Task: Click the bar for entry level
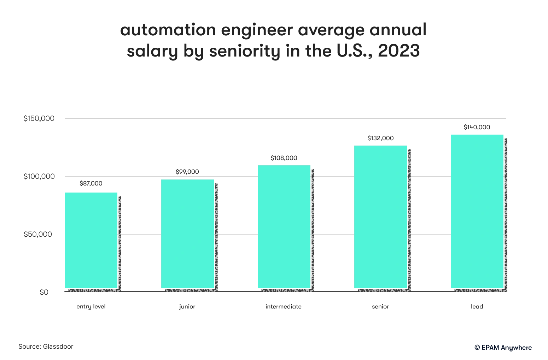tap(91, 240)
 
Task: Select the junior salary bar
tap(187, 234)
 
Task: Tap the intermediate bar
tap(284, 226)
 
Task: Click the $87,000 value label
tap(91, 183)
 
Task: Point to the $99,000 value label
tap(187, 172)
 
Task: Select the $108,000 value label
tap(284, 158)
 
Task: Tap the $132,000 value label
tap(380, 138)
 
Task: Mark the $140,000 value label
tap(477, 127)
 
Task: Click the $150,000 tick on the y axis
tap(39, 118)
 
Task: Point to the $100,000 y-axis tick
tap(39, 176)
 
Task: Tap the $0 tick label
tap(44, 292)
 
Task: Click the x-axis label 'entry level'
tap(91, 307)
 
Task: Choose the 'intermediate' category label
tap(284, 307)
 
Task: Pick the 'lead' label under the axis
tap(477, 307)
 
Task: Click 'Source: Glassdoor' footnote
tap(46, 347)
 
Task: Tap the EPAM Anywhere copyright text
tap(503, 348)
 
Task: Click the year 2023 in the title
tap(399, 51)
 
